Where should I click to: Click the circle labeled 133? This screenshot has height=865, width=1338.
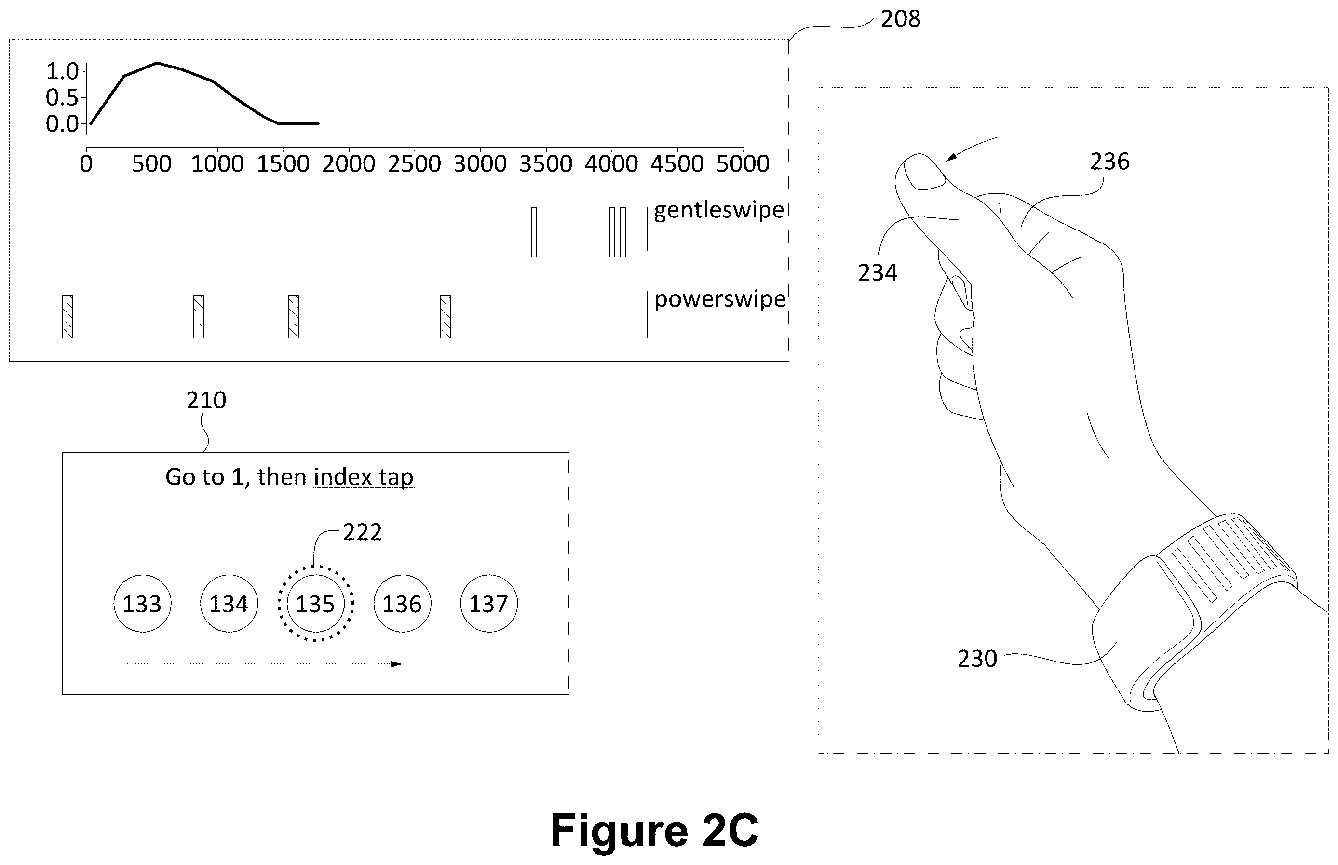pyautogui.click(x=142, y=604)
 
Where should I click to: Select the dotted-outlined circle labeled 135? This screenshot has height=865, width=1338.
pyautogui.click(x=316, y=604)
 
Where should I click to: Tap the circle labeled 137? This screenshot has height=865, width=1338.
pyautogui.click(x=489, y=604)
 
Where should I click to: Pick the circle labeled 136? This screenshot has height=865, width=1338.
pyautogui.click(x=402, y=604)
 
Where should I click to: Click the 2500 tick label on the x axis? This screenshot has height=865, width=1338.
pyautogui.click(x=415, y=164)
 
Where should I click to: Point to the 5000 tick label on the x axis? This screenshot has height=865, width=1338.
pyautogui.click(x=743, y=164)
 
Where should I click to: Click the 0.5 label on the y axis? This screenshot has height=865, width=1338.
pyautogui.click(x=62, y=98)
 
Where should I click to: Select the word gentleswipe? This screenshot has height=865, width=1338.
pyautogui.click(x=719, y=210)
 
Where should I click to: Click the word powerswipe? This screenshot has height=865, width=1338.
pyautogui.click(x=720, y=299)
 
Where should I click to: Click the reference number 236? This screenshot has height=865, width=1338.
pyautogui.click(x=1109, y=162)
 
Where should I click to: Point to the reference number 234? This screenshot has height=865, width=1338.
pyautogui.click(x=878, y=273)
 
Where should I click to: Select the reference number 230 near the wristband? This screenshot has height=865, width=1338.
pyautogui.click(x=977, y=659)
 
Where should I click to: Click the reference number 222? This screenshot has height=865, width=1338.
pyautogui.click(x=362, y=532)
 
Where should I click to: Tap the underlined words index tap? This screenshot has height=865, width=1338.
pyautogui.click(x=364, y=477)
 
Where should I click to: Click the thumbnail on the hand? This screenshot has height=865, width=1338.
pyautogui.click(x=925, y=173)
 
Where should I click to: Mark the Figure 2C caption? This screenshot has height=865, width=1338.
pyautogui.click(x=654, y=830)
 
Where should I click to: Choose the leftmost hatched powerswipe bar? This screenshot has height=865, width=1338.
pyautogui.click(x=68, y=316)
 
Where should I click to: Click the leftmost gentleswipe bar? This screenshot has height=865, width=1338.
pyautogui.click(x=534, y=232)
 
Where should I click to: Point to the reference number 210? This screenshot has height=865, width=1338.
pyautogui.click(x=206, y=401)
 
